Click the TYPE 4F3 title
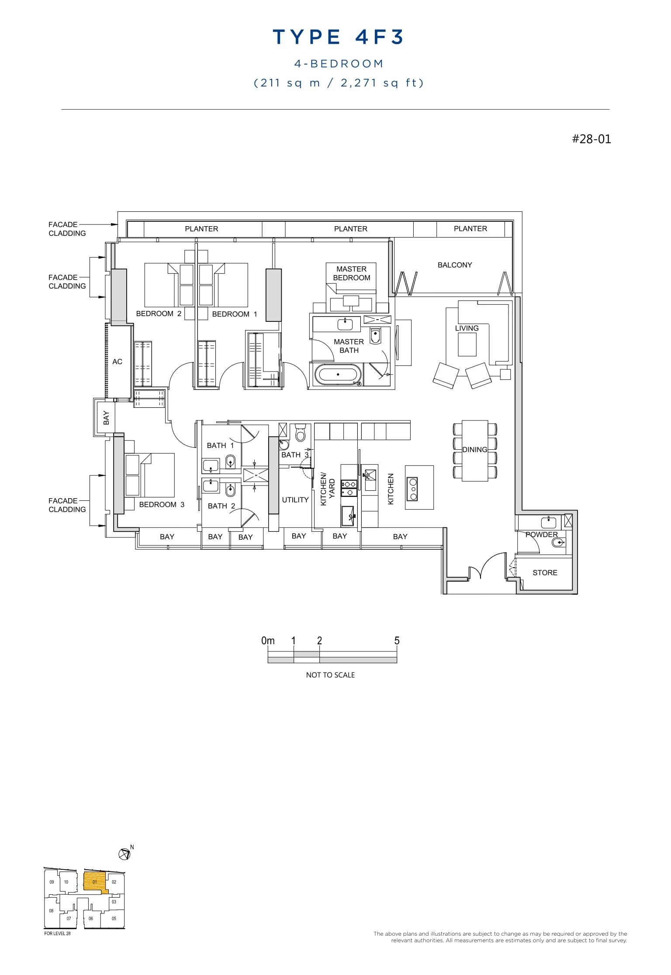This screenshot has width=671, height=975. (x=338, y=37)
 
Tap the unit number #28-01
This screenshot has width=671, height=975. (x=591, y=139)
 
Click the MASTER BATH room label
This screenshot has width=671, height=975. (x=349, y=346)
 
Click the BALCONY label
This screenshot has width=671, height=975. (x=455, y=265)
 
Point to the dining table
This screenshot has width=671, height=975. (x=475, y=450)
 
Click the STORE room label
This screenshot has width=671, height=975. (x=545, y=572)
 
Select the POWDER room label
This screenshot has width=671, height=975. (x=541, y=534)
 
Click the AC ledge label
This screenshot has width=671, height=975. (x=117, y=362)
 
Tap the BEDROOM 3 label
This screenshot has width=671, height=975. (x=162, y=504)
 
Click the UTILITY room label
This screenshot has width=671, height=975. (x=295, y=500)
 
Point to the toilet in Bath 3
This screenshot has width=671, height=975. (x=300, y=434)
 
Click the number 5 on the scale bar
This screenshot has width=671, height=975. (x=397, y=641)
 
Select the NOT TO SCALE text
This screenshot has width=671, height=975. (x=330, y=675)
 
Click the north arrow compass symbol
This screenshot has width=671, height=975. (x=125, y=854)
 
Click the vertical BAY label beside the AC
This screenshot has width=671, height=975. (x=106, y=418)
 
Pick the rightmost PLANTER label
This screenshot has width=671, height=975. (x=470, y=228)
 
